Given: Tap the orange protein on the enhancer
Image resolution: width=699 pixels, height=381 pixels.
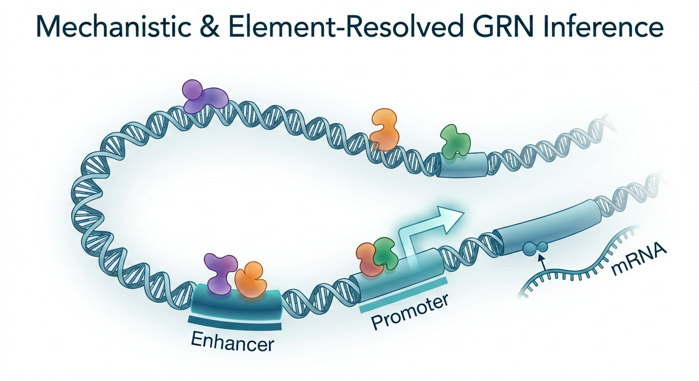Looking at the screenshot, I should coord(250,280).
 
